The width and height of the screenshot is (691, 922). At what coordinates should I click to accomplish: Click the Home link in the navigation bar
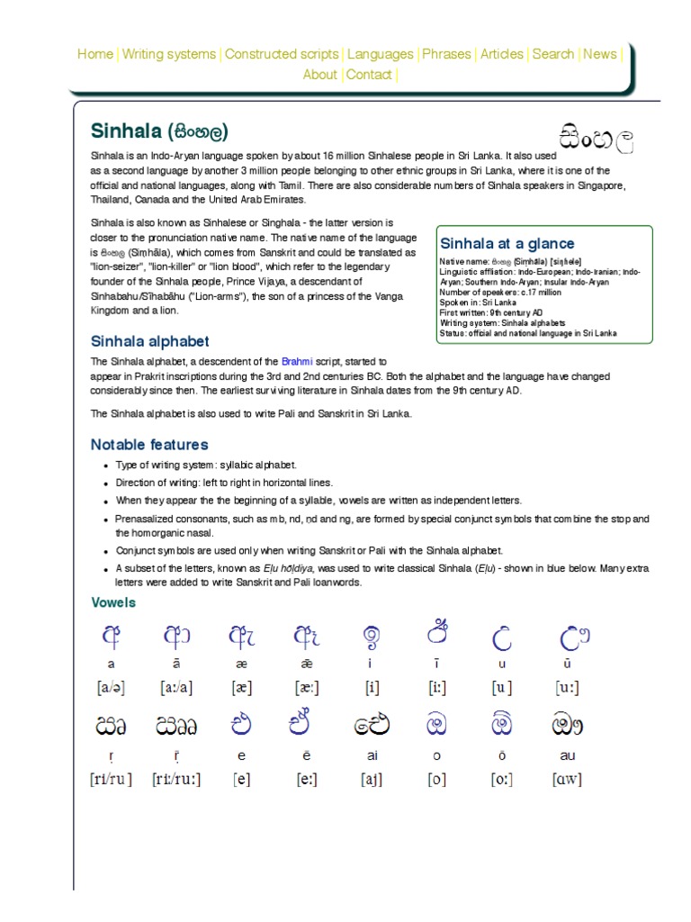pos(95,54)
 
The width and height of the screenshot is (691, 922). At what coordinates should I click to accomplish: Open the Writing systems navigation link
pos(169,54)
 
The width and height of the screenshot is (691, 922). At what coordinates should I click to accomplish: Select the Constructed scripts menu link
pos(282,54)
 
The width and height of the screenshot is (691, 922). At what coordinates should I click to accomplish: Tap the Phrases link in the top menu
pos(447,54)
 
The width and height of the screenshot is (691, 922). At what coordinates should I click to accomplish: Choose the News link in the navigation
pos(600,54)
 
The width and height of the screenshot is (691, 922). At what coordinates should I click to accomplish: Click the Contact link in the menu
pos(369,75)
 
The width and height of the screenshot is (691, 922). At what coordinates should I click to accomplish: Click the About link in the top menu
pos(320,75)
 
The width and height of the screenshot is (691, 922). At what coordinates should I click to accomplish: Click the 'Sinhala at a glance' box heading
pos(507,243)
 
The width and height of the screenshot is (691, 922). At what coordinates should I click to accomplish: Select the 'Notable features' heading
pos(149,444)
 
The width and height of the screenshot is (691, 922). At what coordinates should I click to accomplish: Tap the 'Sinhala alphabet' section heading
pos(149,341)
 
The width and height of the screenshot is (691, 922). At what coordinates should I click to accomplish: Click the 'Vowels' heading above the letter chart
pos(113,602)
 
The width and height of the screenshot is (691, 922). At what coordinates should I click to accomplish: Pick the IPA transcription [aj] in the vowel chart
pos(372,780)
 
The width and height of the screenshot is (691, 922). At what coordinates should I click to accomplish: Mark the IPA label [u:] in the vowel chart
pos(567,688)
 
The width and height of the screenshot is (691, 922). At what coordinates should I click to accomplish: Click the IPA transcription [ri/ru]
pos(112,780)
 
